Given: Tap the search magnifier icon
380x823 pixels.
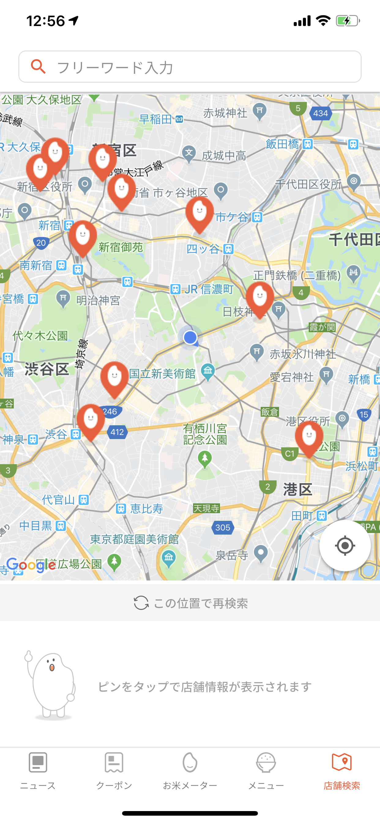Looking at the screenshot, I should [38, 66].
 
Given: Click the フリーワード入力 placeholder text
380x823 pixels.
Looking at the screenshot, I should [115, 68].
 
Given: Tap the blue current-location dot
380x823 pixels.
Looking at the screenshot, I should [190, 338].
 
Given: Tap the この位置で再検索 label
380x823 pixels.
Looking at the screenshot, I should [200, 603].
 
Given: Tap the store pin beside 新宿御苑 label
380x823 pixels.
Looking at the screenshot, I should [83, 236].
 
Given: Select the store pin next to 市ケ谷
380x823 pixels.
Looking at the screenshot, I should [199, 213].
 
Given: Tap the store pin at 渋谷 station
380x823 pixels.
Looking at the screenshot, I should [91, 420].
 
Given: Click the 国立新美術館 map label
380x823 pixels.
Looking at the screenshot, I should [162, 374].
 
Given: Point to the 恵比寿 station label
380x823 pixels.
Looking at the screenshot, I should [147, 508].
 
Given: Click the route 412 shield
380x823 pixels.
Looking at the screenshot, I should [117, 432].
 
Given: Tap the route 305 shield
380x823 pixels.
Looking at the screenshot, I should [222, 528].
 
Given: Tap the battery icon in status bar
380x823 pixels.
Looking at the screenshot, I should [348, 21].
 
